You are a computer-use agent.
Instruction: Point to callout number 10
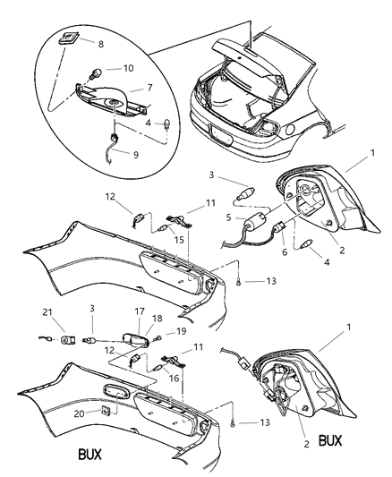pos(127,68)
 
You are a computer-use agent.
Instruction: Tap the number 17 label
pos(139,311)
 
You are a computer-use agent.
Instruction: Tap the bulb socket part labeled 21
pos(70,340)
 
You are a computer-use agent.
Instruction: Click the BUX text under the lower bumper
pos(89,454)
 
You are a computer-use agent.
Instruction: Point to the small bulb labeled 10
pos(93,68)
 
